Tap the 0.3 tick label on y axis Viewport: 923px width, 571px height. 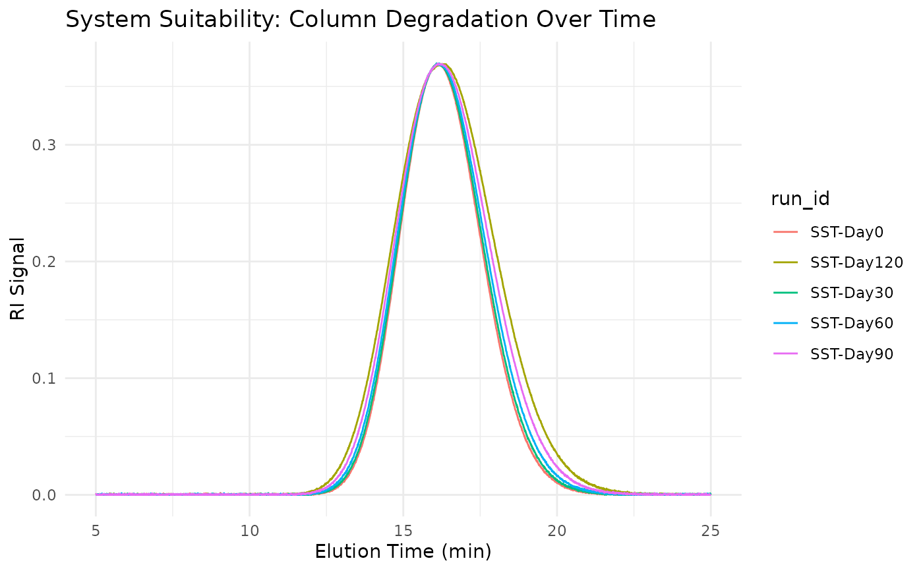point(44,145)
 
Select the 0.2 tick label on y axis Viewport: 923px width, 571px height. point(44,262)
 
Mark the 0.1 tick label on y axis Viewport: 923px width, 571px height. point(44,378)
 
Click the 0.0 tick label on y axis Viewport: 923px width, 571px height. point(44,495)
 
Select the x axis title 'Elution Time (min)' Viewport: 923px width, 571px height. point(403,552)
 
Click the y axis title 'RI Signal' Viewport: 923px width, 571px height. point(18,279)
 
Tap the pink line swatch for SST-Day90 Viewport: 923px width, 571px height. point(785,354)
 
